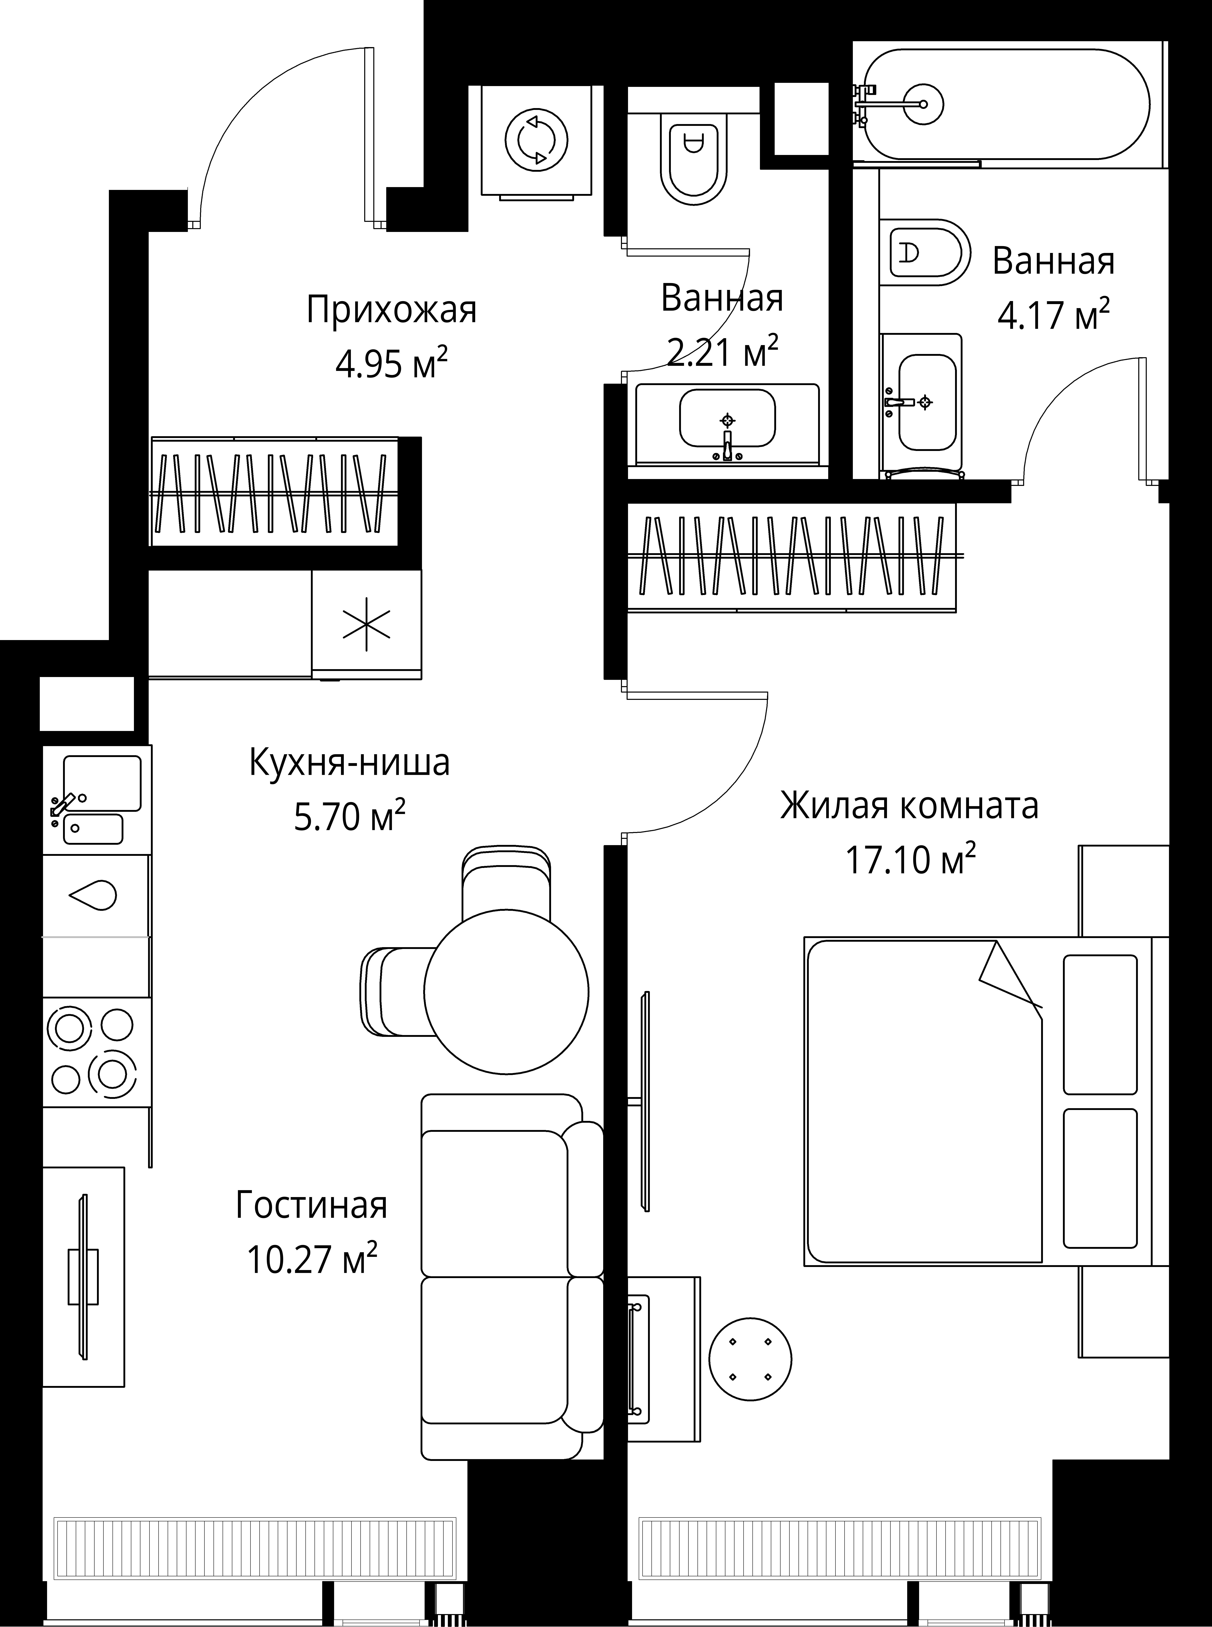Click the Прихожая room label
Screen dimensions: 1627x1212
391,310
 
